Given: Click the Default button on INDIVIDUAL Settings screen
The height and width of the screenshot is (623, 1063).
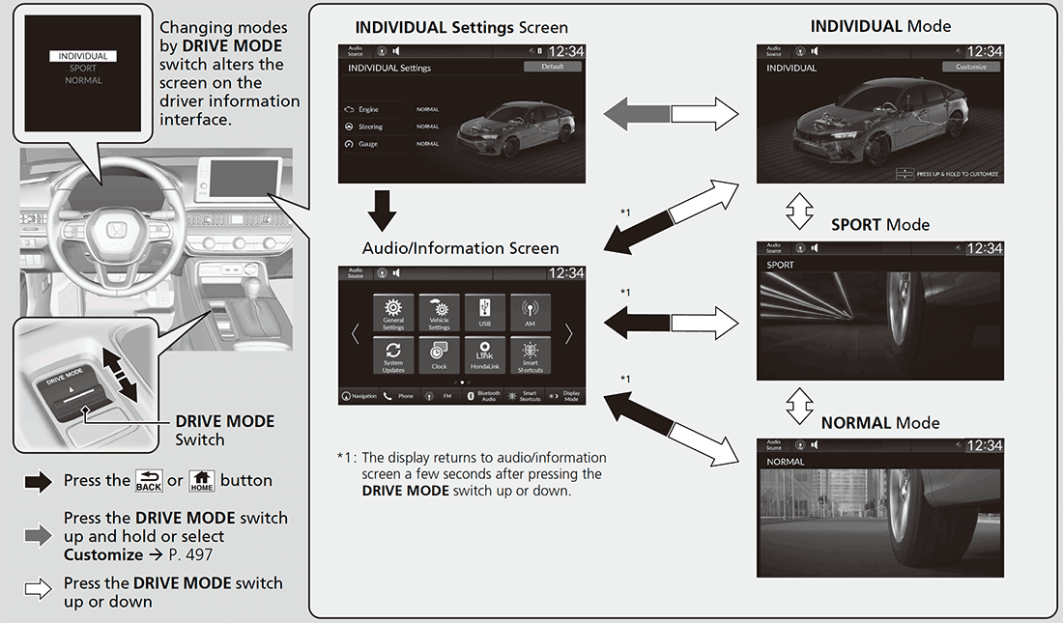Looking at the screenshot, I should pos(553,67).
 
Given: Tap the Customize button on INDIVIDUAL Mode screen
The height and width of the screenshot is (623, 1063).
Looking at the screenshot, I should pos(971,67).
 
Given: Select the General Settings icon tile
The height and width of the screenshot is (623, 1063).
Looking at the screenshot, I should pos(393,314).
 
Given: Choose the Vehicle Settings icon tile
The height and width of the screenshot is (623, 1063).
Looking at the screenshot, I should pos(439,314).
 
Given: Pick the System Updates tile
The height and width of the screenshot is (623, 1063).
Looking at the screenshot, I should pos(393,355).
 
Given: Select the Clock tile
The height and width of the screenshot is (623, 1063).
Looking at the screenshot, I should pos(439,355).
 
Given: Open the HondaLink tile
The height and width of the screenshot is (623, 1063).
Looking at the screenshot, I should pos(484,355).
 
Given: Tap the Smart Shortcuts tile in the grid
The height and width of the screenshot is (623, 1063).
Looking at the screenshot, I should pos(530,355).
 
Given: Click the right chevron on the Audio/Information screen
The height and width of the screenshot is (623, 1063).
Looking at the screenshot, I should pos(568,334).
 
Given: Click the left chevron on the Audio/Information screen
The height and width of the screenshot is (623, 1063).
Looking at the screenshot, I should pos(355,334).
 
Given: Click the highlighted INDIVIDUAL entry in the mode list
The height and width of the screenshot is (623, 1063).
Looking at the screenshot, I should pos(82,57).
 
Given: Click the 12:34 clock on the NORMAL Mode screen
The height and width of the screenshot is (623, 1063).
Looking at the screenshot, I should pos(984,445).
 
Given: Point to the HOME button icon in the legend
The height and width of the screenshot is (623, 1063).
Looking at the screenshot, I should pos(201,480).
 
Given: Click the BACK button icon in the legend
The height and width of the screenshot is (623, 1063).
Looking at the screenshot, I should pos(149,480).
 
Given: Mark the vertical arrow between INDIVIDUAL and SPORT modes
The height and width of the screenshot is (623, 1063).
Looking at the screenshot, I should pos(800,210).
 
